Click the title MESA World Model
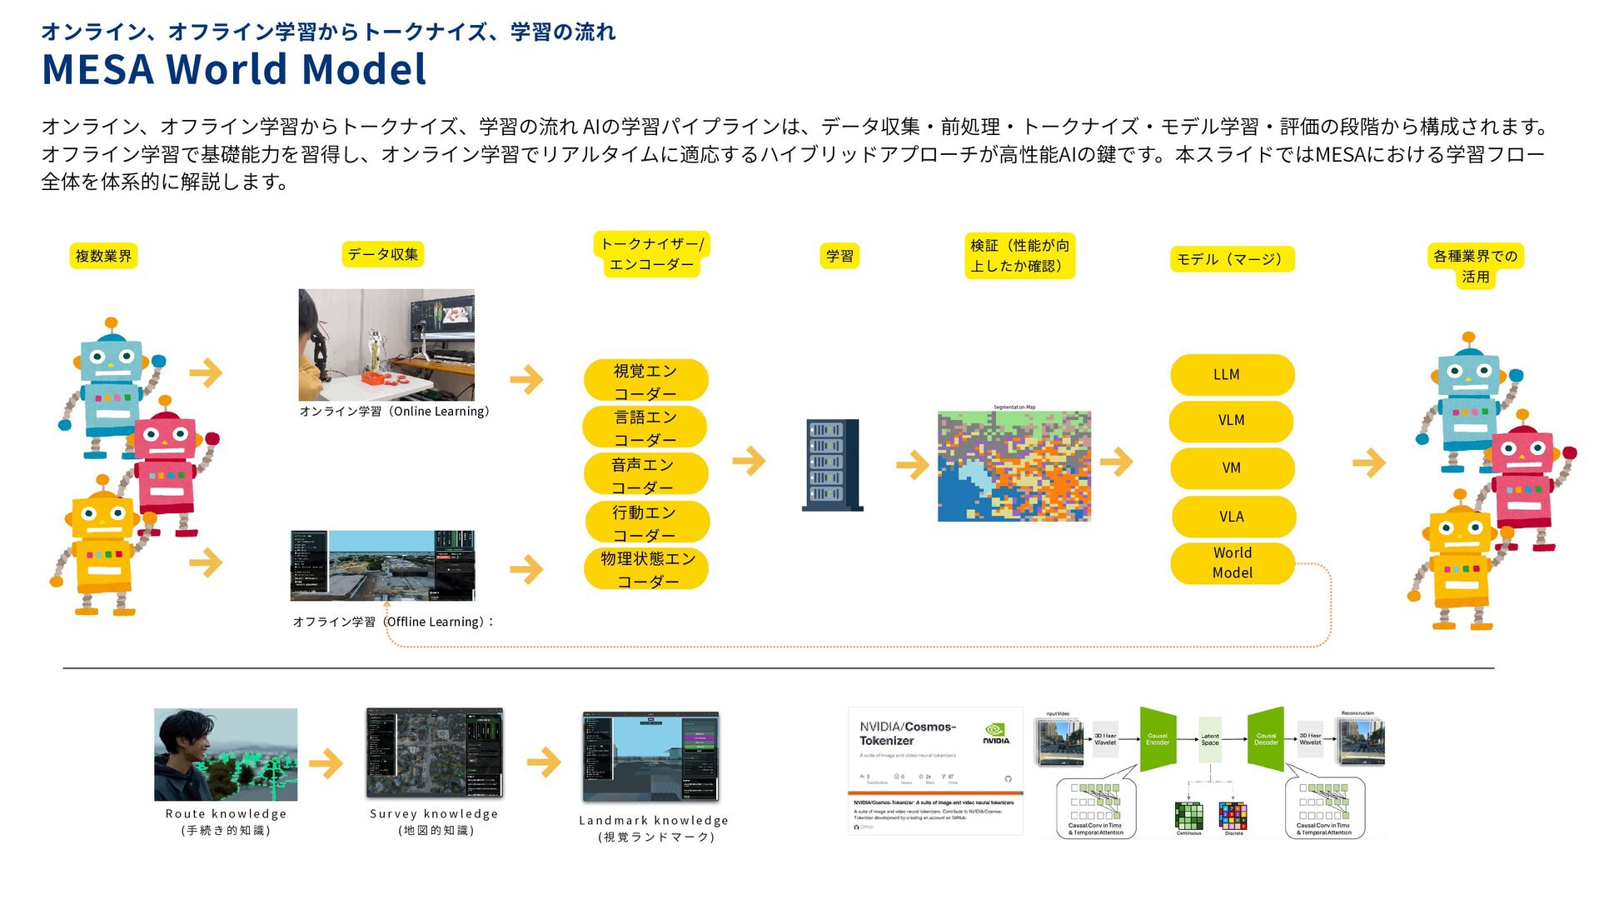[234, 69]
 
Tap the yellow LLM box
[1232, 375]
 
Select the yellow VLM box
[1231, 421]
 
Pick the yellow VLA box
[1233, 517]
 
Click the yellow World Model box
[1233, 563]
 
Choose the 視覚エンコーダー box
[645, 381]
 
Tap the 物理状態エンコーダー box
[647, 569]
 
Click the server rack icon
[832, 464]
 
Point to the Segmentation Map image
[1014, 466]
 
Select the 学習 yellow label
[839, 256]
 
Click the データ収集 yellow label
[383, 254]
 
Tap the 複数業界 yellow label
[103, 256]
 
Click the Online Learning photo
[386, 344]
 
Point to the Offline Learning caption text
[393, 622]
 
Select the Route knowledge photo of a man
[226, 754]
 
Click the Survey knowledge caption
[434, 822]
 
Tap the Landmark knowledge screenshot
[650, 757]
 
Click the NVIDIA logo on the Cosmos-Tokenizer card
[995, 732]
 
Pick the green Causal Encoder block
[1158, 738]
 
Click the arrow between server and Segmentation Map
[913, 465]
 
